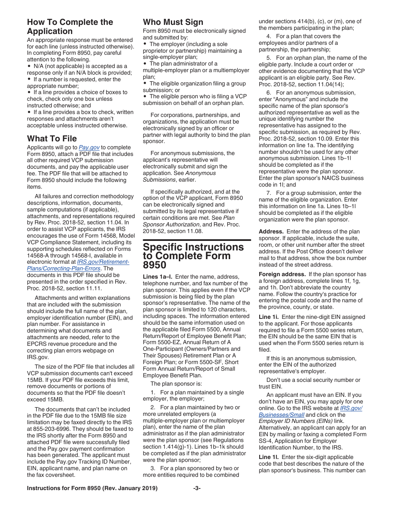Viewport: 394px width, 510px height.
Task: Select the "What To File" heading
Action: pos(52,138)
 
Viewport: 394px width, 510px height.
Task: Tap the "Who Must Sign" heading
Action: pos(173,22)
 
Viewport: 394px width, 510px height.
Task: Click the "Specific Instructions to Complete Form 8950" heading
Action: pos(193,256)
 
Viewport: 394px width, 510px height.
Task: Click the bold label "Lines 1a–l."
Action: pos(156,277)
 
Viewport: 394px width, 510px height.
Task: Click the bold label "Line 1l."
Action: pos(268,457)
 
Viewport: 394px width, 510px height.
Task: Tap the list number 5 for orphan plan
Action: pos(268,58)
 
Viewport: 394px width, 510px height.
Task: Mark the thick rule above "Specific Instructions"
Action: pos(197,240)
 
